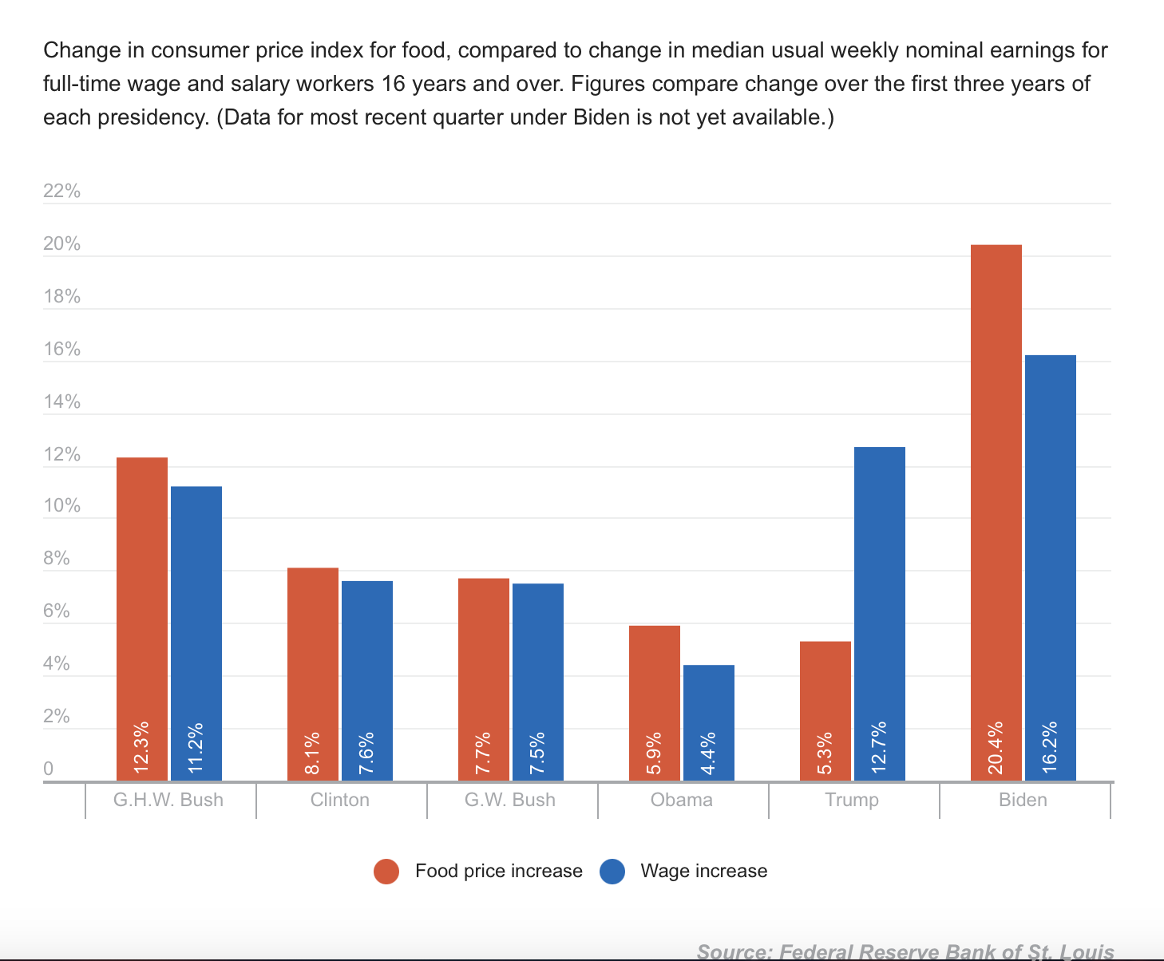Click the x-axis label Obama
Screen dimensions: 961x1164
click(682, 800)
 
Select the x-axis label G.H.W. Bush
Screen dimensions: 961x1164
click(168, 800)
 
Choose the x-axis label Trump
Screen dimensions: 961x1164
click(852, 800)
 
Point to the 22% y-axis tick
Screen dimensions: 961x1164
click(61, 191)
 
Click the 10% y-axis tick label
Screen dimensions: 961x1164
click(61, 506)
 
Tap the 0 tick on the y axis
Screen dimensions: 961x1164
click(49, 769)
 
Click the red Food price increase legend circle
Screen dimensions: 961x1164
click(386, 872)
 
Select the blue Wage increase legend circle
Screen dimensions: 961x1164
click(612, 872)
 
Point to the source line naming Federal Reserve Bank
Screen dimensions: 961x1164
click(905, 951)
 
